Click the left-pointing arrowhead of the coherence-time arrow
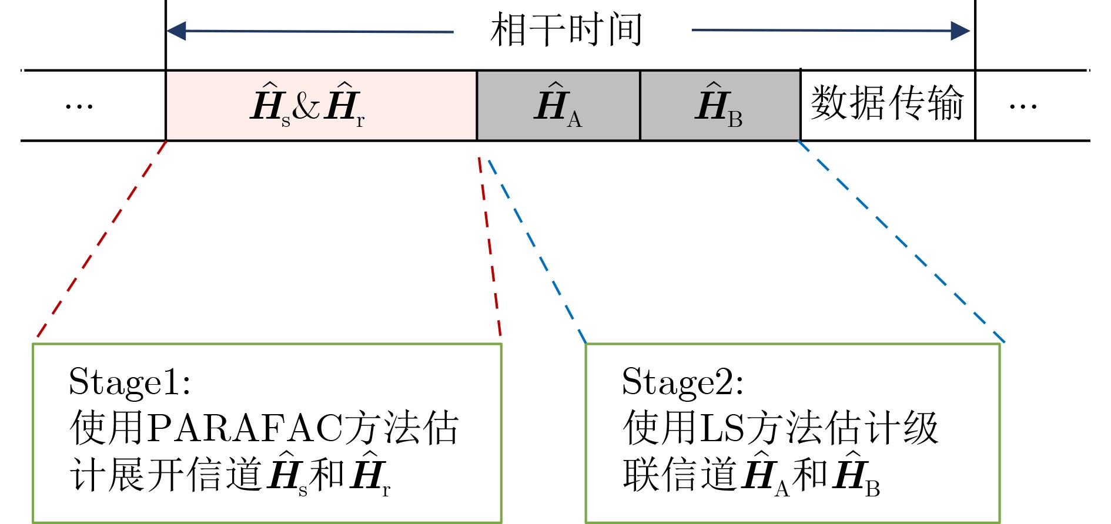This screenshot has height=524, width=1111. pyautogui.click(x=176, y=31)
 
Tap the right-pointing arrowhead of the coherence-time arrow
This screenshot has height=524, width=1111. pyautogui.click(x=960, y=31)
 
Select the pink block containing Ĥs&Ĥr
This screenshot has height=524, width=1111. pyautogui.click(x=321, y=106)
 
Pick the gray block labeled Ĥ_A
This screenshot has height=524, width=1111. pyautogui.click(x=558, y=106)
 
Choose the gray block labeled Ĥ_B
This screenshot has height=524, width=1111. pyautogui.click(x=720, y=106)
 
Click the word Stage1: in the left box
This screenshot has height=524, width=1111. pyautogui.click(x=129, y=382)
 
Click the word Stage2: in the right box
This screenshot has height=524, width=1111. pyautogui.click(x=682, y=382)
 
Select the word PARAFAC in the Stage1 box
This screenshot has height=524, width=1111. pyautogui.click(x=245, y=428)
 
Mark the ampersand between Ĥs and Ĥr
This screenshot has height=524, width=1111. pyautogui.click(x=306, y=106)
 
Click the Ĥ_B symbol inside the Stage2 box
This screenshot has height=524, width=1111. pyautogui.click(x=856, y=475)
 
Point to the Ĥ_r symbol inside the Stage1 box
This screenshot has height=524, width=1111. pyautogui.click(x=370, y=475)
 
